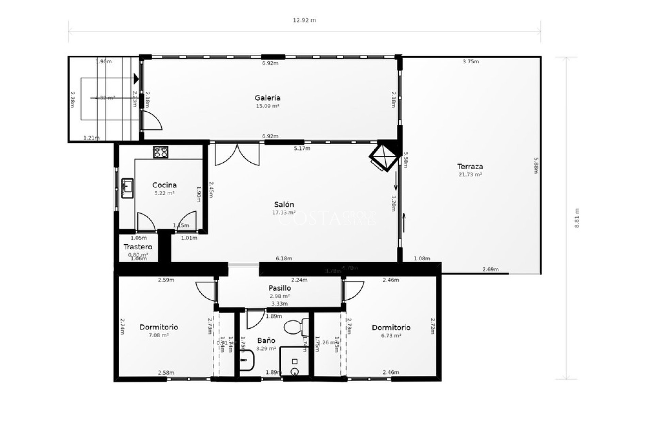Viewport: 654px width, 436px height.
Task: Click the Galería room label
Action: coord(267,98)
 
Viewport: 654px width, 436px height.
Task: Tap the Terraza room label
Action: coord(470,167)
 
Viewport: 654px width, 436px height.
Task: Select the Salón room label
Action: coord(284,205)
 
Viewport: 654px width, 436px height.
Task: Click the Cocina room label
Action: coord(164,185)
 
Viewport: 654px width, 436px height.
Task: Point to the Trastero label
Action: coord(138,247)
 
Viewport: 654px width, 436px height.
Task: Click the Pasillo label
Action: coord(280,288)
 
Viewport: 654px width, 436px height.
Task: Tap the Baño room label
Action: coord(266,341)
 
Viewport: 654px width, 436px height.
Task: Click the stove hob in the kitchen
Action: coord(160,152)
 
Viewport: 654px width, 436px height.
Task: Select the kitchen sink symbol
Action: coord(127,188)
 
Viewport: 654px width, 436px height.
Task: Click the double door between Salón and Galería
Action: coord(237,154)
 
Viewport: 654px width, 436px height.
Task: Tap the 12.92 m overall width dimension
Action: coord(304,20)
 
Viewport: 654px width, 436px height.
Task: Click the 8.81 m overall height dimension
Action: coord(577,218)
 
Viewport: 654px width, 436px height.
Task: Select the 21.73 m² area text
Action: coord(470,175)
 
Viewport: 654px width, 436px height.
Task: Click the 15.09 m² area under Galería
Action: coord(267,106)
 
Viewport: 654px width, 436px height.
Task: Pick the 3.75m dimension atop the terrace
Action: coord(471,62)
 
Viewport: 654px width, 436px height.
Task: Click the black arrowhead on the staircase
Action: coord(136,79)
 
